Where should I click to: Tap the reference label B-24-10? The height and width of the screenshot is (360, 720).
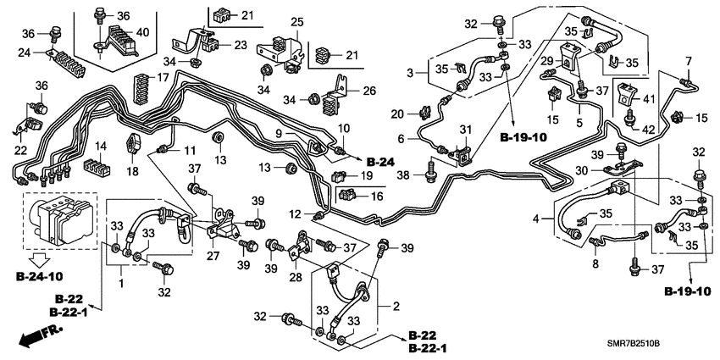point(42,276)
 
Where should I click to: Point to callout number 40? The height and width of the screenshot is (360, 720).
point(143,32)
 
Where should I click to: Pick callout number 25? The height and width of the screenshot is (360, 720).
point(296,21)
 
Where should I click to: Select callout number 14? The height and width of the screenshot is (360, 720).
point(101,146)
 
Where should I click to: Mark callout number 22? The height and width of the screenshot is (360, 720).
point(19,149)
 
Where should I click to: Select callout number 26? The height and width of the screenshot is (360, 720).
point(369,90)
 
